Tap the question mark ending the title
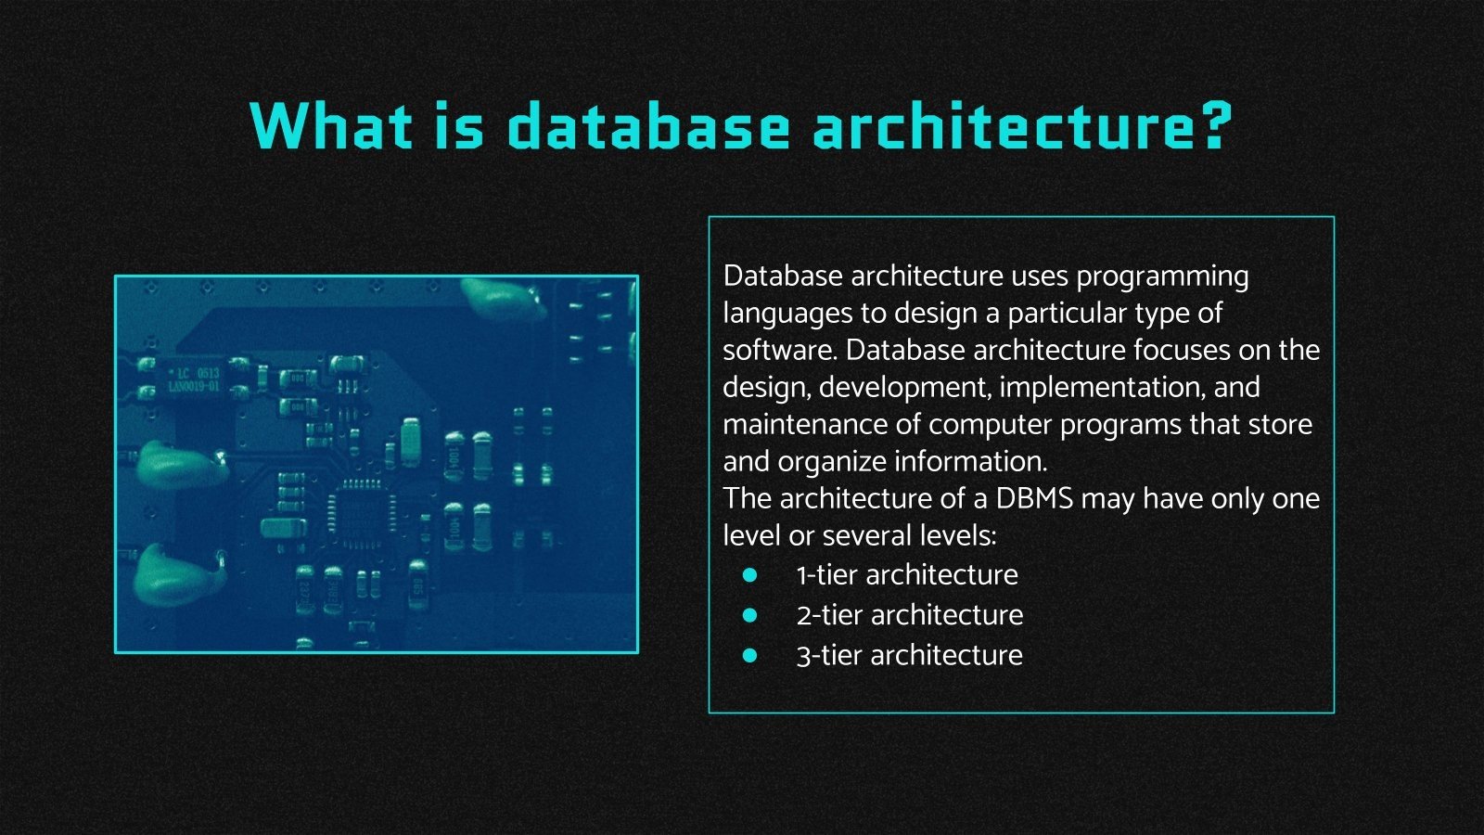(x=1211, y=125)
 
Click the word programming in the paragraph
(x=1162, y=277)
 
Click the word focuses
(x=1182, y=350)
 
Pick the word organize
(x=832, y=463)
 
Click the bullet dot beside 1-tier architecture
(x=750, y=575)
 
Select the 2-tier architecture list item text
(x=910, y=615)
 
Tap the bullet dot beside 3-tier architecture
(x=750, y=655)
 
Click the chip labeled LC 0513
(x=194, y=379)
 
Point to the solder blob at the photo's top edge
(x=502, y=297)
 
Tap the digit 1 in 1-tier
(x=801, y=575)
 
